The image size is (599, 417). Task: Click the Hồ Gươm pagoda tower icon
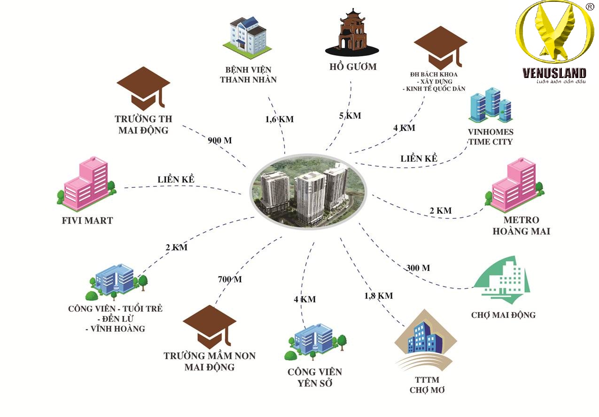coord(351,34)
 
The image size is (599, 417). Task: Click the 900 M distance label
coord(219,140)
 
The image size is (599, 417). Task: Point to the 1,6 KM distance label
coord(279,119)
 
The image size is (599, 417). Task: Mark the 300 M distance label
coord(417,268)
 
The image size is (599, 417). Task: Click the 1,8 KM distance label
coord(378,296)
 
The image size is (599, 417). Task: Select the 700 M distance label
coord(230,279)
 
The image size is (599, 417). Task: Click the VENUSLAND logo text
coord(554,73)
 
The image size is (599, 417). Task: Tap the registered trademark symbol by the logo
coord(589,6)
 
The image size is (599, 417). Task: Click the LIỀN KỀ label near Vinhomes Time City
coord(419,159)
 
